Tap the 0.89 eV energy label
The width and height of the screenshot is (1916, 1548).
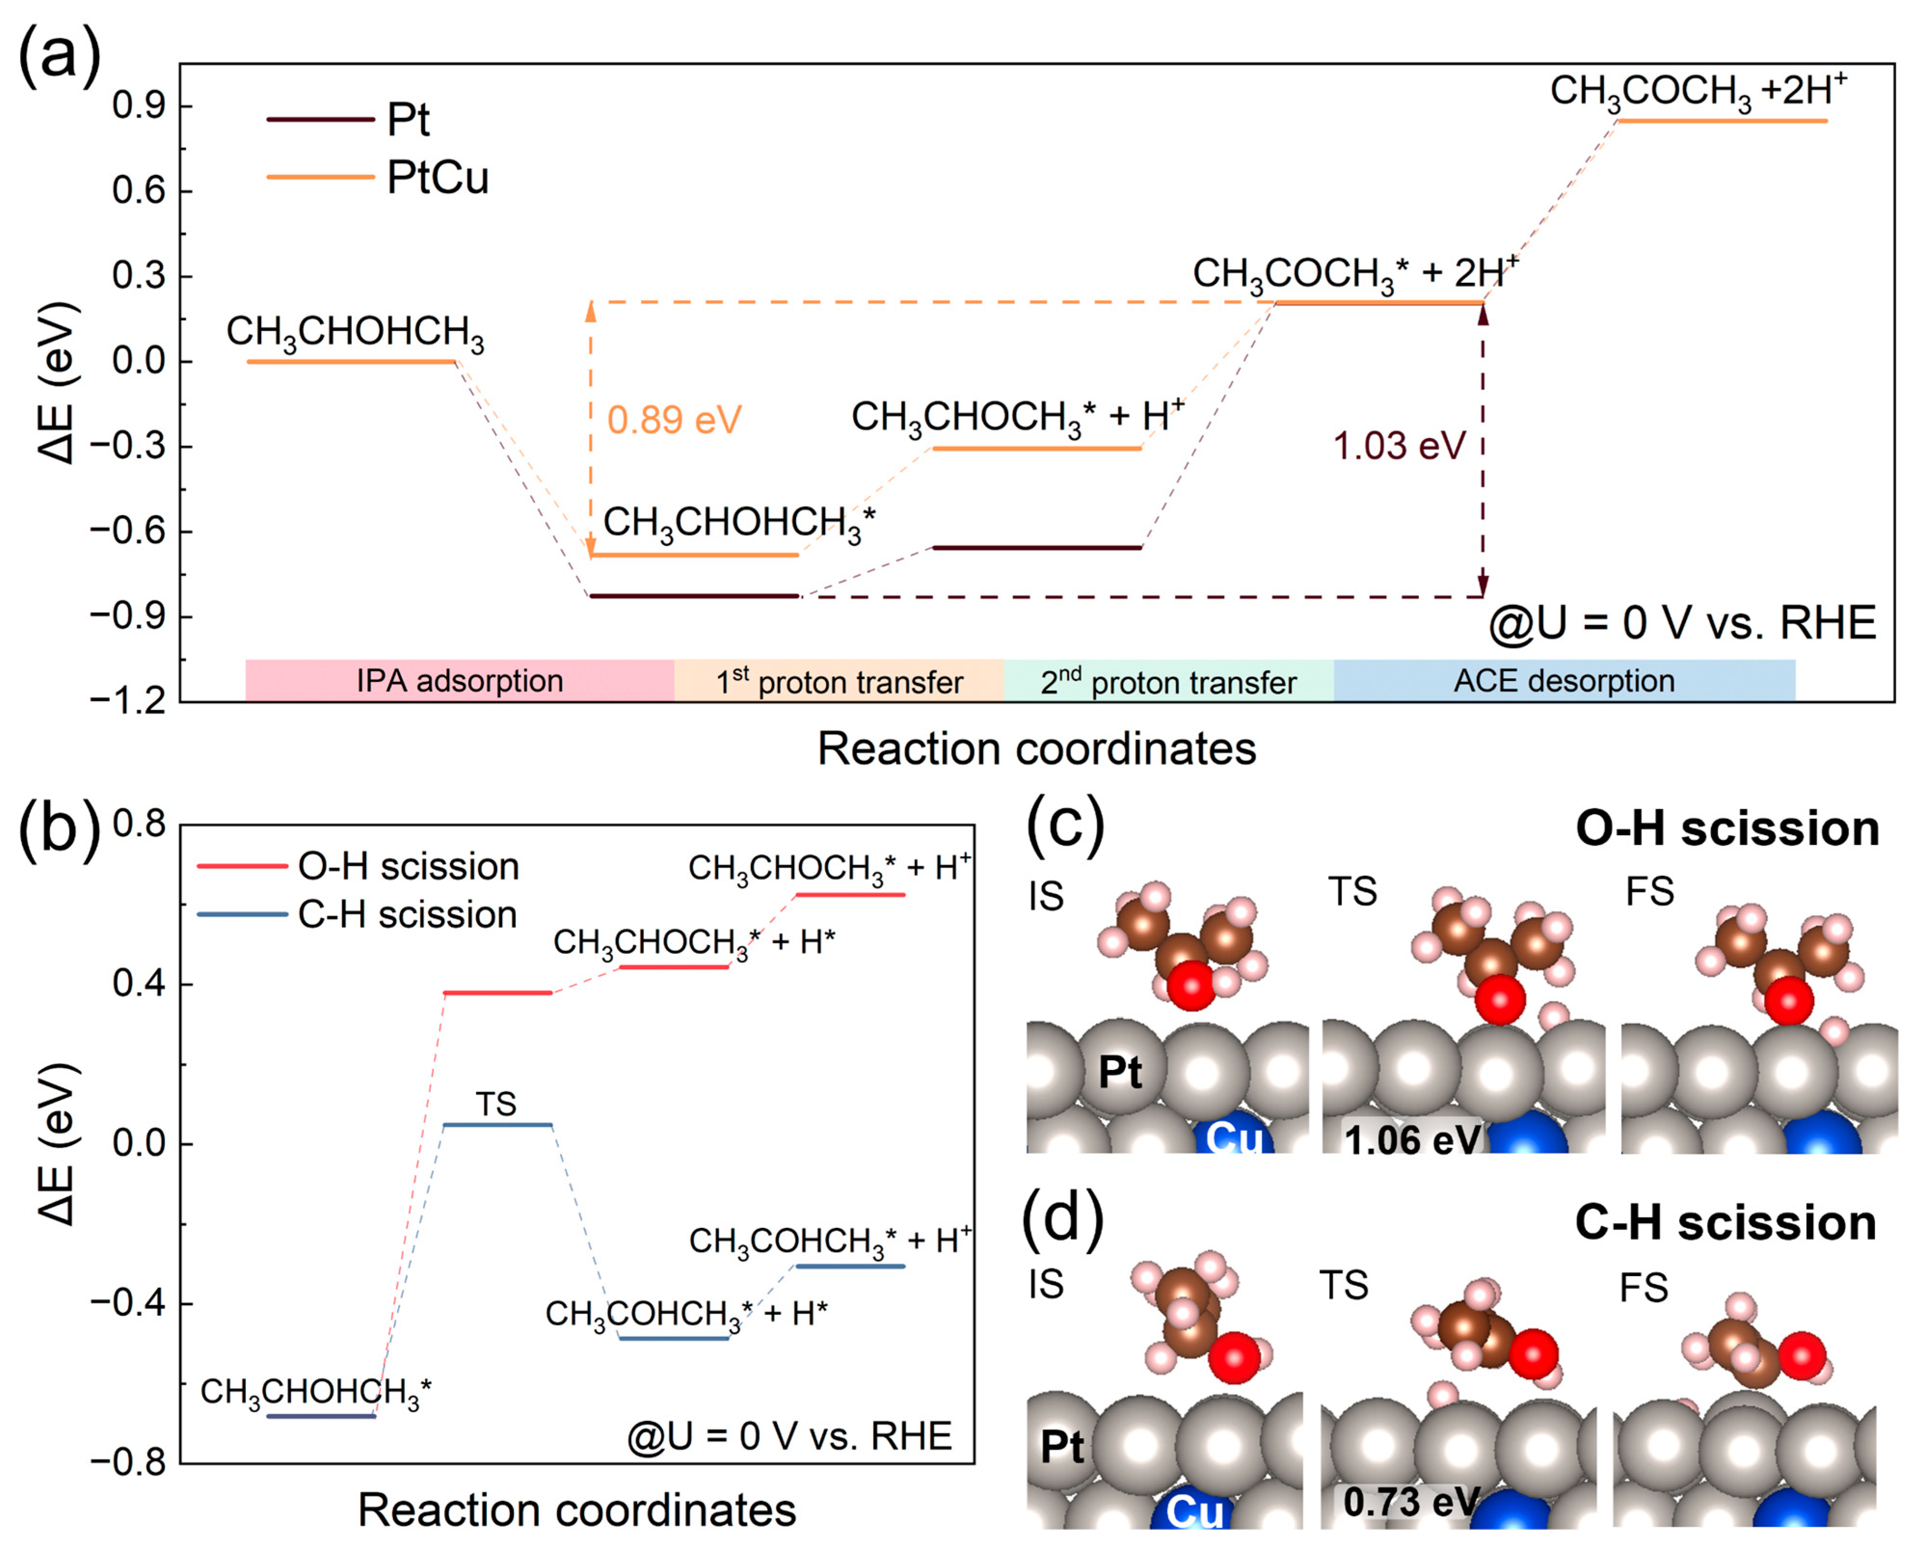coord(674,419)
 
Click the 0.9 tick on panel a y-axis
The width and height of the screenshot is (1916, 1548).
coord(138,106)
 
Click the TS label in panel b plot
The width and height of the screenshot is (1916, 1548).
coord(496,1104)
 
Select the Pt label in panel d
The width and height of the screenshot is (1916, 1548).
coord(1062,1446)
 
